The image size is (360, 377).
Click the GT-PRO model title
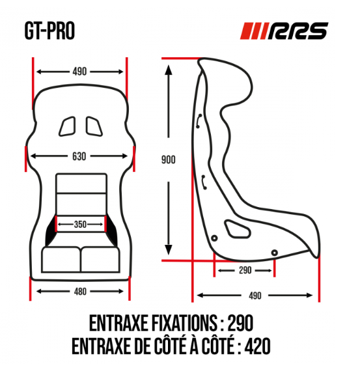point(49,31)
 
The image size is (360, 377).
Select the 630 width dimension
point(80,156)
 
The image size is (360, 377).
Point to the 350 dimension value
point(80,225)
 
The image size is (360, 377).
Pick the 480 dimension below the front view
point(80,291)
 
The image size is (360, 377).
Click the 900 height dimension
point(169,158)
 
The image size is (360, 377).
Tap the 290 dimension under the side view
point(244,270)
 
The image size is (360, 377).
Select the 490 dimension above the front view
point(80,72)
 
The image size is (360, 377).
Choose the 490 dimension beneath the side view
point(255,296)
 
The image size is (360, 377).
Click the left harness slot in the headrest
point(68,124)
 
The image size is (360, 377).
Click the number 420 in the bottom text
point(257,345)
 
